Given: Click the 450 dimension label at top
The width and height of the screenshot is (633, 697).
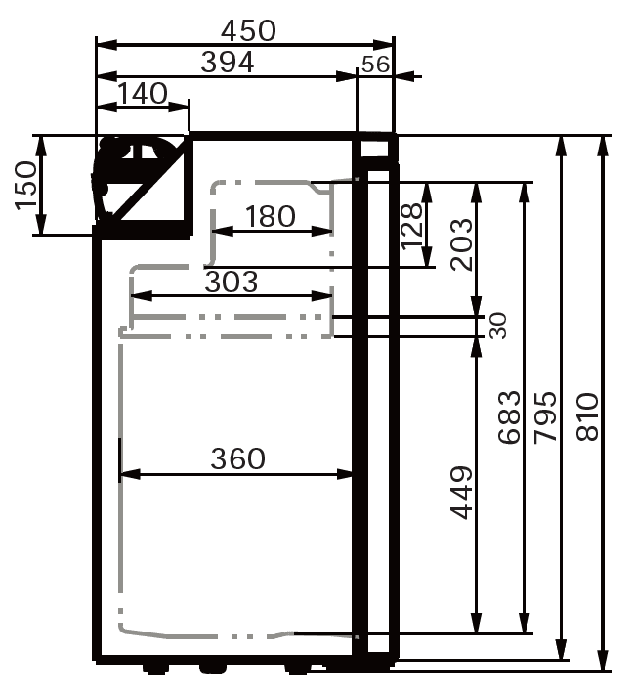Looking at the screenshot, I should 248,30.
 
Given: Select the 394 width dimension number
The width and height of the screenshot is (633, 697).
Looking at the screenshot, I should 228,63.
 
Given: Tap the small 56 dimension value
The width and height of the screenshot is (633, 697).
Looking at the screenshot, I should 374,65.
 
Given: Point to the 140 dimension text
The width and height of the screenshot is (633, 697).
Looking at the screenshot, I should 143,94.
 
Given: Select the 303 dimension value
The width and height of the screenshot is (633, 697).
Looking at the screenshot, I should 232,282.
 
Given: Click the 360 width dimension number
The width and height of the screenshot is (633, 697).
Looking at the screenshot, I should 237,458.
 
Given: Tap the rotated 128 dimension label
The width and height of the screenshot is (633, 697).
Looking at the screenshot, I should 411,225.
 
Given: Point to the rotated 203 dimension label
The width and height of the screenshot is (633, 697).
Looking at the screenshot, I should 460,244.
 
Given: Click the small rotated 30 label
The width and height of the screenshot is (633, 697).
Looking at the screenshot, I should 498,326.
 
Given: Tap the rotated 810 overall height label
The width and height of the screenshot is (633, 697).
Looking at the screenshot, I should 587,418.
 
